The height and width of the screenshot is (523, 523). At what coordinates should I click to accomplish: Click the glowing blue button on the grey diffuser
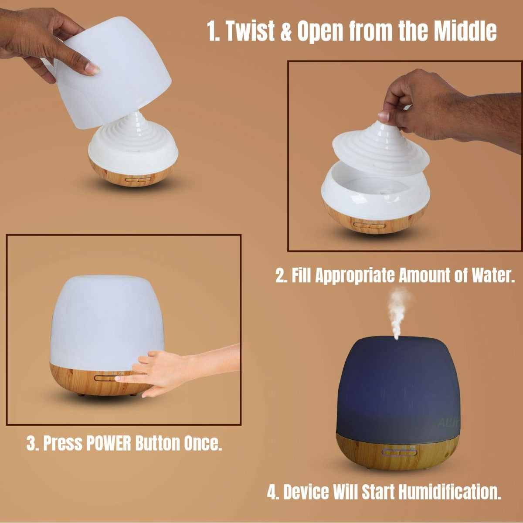point(399,452)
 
